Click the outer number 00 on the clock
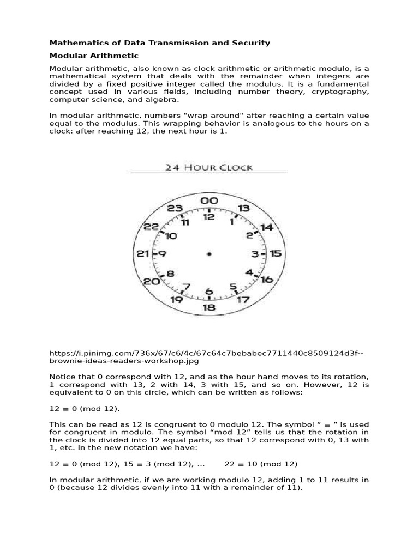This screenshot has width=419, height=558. tap(209, 201)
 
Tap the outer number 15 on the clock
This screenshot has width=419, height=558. tap(276, 253)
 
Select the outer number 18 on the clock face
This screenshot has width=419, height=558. tap(209, 307)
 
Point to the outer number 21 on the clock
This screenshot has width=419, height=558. tap(143, 253)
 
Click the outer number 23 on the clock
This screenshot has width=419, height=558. tap(174, 208)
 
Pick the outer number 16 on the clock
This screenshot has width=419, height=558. tap(266, 280)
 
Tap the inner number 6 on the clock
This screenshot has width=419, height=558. tap(209, 292)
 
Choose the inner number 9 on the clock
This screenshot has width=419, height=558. tap(162, 253)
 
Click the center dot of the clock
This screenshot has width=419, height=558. tap(209, 254)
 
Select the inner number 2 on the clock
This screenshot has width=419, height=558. tap(249, 235)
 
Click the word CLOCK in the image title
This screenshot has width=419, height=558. tap(232, 167)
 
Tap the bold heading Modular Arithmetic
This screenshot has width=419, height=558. tap(94, 56)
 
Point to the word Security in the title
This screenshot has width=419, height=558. tap(253, 43)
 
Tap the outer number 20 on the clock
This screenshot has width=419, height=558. tap(152, 281)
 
